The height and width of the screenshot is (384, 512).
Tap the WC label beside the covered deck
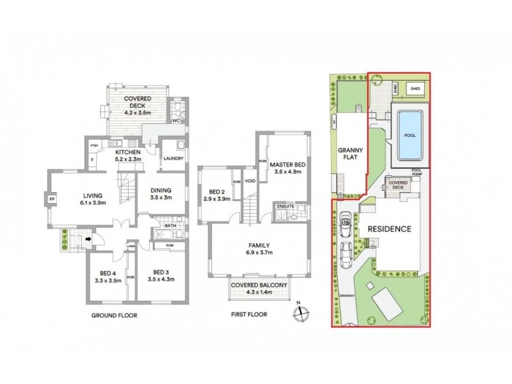pyautogui.click(x=177, y=120)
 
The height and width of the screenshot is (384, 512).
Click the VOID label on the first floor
pyautogui.click(x=250, y=181)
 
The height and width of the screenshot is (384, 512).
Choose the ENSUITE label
pyautogui.click(x=285, y=207)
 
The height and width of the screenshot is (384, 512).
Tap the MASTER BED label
pyautogui.click(x=287, y=164)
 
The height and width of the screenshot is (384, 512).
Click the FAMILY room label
pyautogui.click(x=259, y=245)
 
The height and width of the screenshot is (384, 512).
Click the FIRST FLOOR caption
pyautogui.click(x=248, y=315)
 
